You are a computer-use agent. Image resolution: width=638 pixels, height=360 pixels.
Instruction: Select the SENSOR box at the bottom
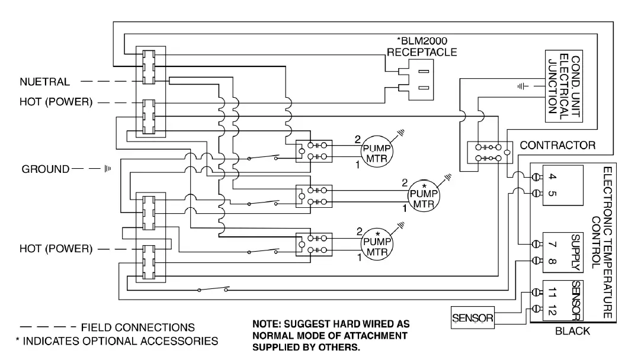(473, 318)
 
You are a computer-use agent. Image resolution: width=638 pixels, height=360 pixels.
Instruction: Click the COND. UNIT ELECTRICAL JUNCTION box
(564, 86)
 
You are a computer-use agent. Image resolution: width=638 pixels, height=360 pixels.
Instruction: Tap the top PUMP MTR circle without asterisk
(377, 152)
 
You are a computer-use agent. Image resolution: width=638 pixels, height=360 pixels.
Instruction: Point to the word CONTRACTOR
(557, 145)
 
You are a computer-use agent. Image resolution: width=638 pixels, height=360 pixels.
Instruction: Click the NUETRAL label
(45, 82)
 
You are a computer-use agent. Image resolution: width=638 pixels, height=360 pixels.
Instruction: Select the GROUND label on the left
(46, 169)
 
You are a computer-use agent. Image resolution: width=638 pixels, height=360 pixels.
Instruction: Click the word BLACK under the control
(572, 331)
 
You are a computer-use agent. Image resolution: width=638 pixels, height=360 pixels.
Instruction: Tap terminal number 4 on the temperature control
(552, 176)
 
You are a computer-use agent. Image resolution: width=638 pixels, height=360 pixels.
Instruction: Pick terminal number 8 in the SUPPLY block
(552, 261)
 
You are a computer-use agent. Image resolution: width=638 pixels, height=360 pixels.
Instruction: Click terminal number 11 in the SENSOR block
(552, 292)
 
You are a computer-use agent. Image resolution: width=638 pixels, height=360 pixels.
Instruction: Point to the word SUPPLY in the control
(575, 253)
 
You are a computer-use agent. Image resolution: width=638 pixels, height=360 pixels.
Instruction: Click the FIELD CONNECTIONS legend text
(137, 327)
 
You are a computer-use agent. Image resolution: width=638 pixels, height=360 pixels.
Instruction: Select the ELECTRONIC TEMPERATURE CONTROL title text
(602, 242)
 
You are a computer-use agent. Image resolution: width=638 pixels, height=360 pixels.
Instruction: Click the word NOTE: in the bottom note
(266, 324)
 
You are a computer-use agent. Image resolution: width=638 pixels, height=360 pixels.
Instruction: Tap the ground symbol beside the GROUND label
(107, 168)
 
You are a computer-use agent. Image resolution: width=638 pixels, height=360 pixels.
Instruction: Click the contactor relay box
(490, 153)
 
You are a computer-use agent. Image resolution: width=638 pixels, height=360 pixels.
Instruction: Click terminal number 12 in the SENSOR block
(552, 310)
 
